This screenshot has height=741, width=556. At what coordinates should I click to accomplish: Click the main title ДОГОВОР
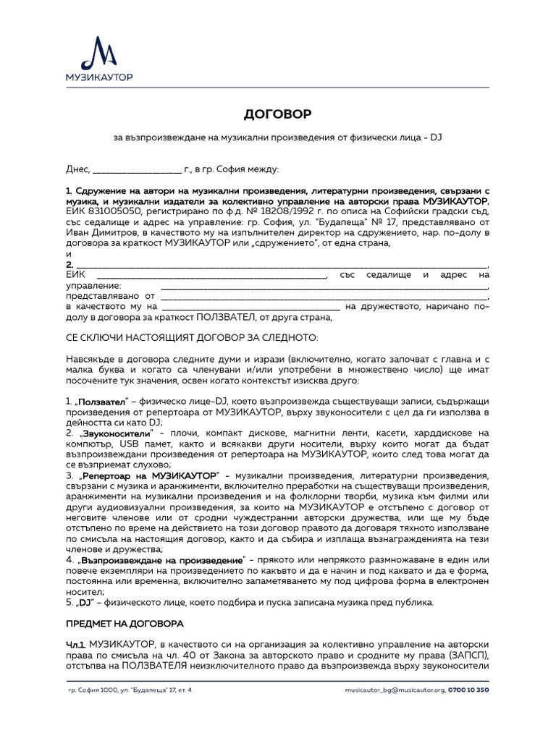pos(277,114)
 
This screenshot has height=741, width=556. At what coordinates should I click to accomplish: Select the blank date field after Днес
pos(137,169)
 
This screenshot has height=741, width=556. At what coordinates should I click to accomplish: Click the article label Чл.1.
pos(76,644)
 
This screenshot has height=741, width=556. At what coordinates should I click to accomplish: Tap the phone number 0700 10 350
pos(468,690)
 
